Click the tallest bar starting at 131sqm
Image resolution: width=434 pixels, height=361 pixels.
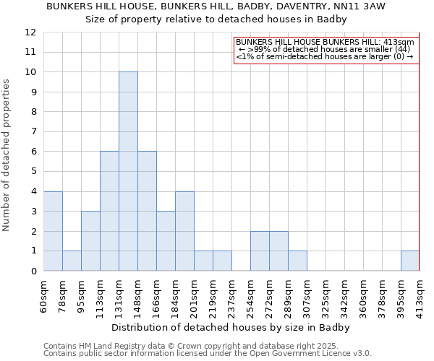pyautogui.click(x=128, y=171)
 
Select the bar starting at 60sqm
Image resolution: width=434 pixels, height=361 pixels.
pyautogui.click(x=53, y=231)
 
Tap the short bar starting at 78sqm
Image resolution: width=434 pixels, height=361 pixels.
pyautogui.click(x=72, y=261)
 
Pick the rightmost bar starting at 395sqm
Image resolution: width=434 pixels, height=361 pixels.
pyautogui.click(x=410, y=261)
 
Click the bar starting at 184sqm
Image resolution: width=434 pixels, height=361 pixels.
pyautogui.click(x=184, y=231)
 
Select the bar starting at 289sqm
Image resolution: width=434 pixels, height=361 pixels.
pyautogui.click(x=297, y=261)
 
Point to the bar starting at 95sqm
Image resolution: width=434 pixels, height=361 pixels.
pyautogui.click(x=90, y=241)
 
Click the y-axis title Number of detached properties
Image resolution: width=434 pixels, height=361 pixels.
pyautogui.click(x=7, y=155)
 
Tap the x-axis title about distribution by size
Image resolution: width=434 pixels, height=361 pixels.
pyautogui.click(x=231, y=327)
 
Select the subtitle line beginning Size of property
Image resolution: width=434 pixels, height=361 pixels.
pyautogui.click(x=216, y=19)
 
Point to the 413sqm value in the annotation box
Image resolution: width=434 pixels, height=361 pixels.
pyautogui.click(x=399, y=43)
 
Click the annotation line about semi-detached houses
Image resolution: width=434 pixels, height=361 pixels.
pyautogui.click(x=324, y=56)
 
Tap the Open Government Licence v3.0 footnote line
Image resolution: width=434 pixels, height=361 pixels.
pyautogui.click(x=208, y=353)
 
